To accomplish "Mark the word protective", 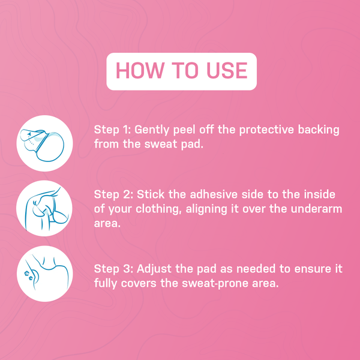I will click(266, 130).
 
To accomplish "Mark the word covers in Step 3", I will click(142, 282).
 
